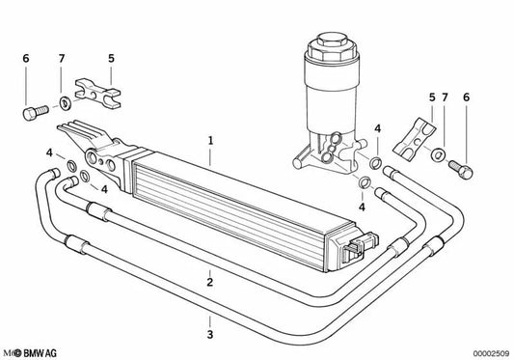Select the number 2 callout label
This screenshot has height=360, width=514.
click(208, 282)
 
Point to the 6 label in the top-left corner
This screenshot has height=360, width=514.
click(25, 59)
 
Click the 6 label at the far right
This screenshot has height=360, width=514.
click(467, 97)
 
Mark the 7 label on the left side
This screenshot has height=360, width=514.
click(62, 59)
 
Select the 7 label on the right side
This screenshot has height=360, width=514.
click(445, 97)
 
